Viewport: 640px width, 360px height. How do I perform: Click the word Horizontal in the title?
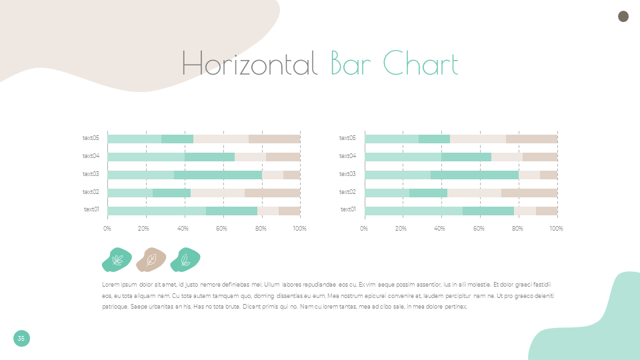point(249,64)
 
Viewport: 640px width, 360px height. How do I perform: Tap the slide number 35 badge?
point(21,339)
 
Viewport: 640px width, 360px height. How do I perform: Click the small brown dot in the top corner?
point(623,17)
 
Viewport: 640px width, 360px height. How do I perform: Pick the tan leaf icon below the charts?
point(151,260)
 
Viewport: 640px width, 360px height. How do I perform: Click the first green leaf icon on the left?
point(117,260)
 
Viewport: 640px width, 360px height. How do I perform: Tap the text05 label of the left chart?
point(91,138)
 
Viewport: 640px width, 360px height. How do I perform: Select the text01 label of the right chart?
point(347,209)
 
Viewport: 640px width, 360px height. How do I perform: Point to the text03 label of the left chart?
point(91,174)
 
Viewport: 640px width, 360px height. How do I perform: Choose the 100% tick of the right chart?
point(556,229)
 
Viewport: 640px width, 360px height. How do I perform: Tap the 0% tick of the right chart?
point(364,229)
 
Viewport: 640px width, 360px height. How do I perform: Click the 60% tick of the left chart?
point(222,229)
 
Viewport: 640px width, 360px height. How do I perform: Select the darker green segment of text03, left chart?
point(218,175)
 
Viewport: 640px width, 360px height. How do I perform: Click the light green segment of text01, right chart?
point(413,211)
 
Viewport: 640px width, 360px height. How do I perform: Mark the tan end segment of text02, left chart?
point(272,193)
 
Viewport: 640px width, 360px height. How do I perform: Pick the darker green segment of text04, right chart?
point(466,157)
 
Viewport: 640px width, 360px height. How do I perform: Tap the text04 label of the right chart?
point(347,156)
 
